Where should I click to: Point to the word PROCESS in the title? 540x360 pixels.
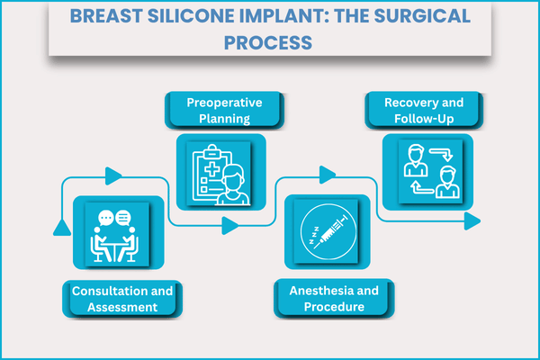point(269,41)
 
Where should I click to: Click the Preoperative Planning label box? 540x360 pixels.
point(224,111)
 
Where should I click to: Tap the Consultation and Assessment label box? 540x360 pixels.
point(120,298)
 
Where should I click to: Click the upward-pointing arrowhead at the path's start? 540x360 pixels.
point(61,224)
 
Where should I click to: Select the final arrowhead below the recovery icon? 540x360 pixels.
point(470,221)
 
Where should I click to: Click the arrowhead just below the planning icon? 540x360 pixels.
point(230,225)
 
